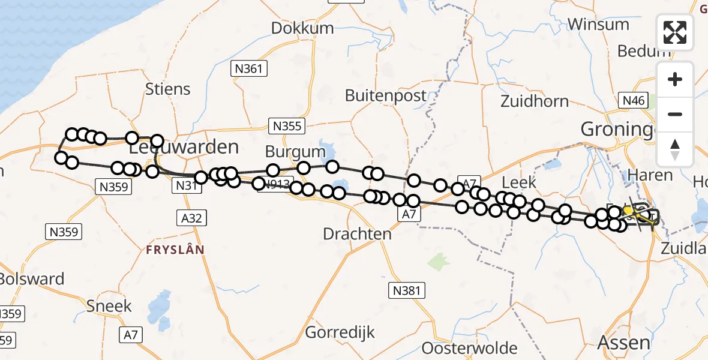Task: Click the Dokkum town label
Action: [x=302, y=28]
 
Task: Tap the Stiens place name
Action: [x=168, y=89]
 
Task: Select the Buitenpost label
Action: [x=386, y=95]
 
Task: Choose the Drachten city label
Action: [x=357, y=234]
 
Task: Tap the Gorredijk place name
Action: [x=340, y=332]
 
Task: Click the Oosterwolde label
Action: [x=470, y=348]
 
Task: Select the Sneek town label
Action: [x=109, y=306]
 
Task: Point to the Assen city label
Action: [x=624, y=343]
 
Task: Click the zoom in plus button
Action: [x=675, y=79]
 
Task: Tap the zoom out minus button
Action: [x=675, y=114]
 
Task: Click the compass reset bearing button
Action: [x=675, y=149]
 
